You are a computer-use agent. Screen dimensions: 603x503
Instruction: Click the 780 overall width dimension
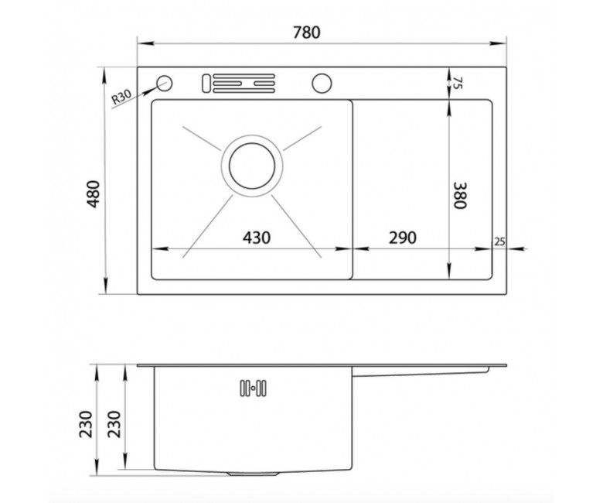(x=306, y=33)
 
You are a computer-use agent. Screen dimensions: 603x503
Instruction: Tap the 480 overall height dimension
(x=94, y=194)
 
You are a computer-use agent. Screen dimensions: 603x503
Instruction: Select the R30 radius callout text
(x=121, y=97)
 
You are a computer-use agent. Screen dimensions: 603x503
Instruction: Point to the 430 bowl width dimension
(x=257, y=238)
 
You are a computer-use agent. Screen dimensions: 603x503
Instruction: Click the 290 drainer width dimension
(x=403, y=238)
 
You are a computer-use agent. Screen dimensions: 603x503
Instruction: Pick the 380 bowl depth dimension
(x=460, y=195)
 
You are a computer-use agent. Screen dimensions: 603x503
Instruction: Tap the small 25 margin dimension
(x=499, y=241)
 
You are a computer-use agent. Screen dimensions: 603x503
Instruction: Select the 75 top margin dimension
(x=457, y=83)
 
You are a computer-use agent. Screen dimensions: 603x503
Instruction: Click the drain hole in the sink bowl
(x=252, y=166)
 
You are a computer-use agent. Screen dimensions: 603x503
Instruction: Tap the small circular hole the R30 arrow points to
(x=164, y=83)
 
